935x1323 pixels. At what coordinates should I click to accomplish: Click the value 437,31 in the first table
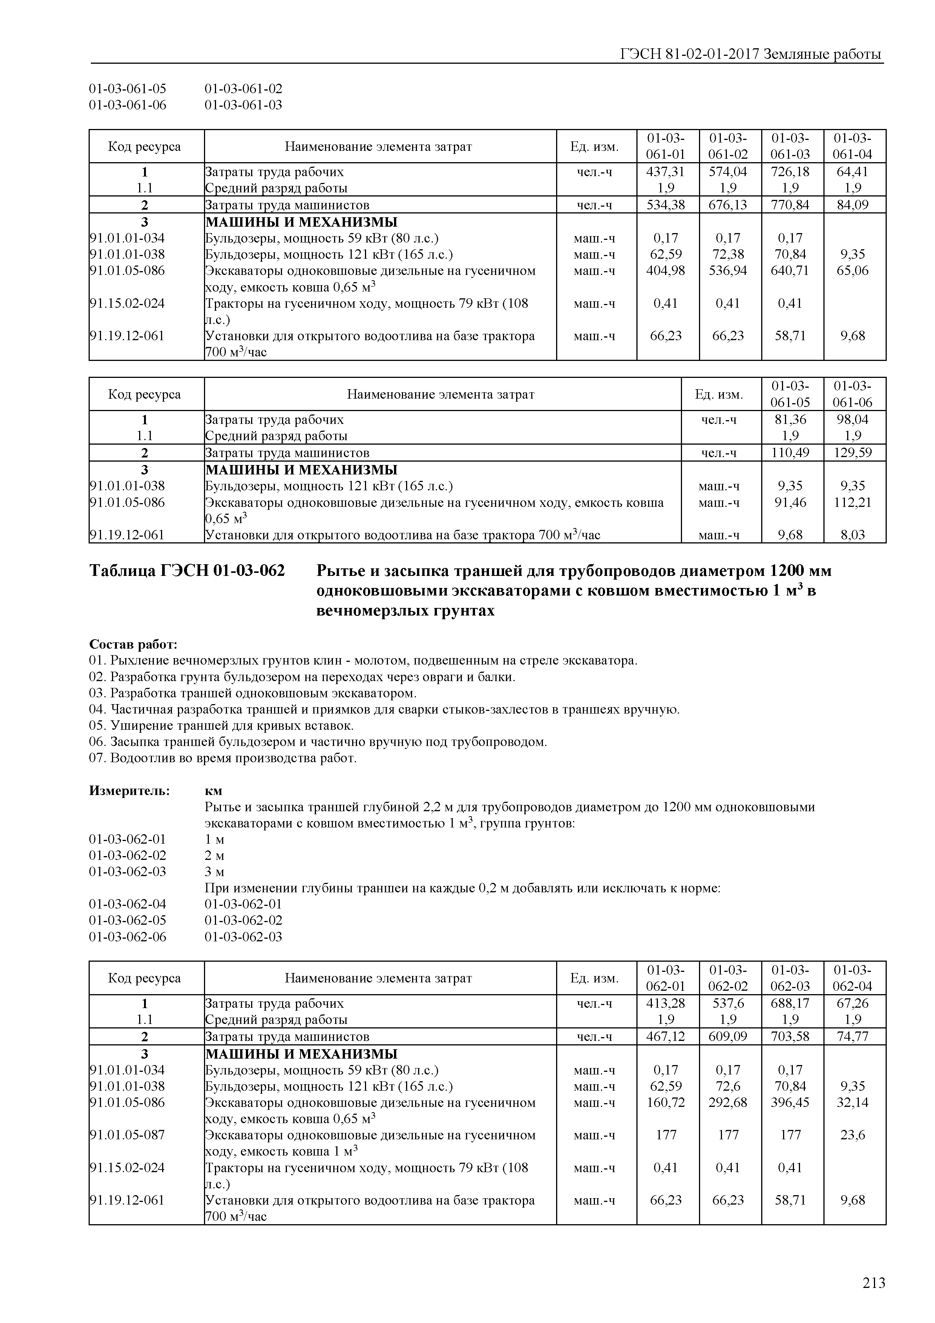pyautogui.click(x=665, y=172)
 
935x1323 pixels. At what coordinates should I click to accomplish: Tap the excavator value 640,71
pyautogui.click(x=790, y=271)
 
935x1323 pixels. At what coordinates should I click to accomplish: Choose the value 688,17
pyautogui.click(x=790, y=1003)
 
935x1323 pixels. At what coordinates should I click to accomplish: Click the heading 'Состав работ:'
pyautogui.click(x=133, y=644)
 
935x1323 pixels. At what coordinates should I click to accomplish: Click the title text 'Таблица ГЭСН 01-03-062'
pyautogui.click(x=187, y=571)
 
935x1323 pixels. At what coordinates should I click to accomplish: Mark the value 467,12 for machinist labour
pyautogui.click(x=665, y=1037)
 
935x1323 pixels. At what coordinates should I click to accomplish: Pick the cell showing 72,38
pyautogui.click(x=728, y=255)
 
